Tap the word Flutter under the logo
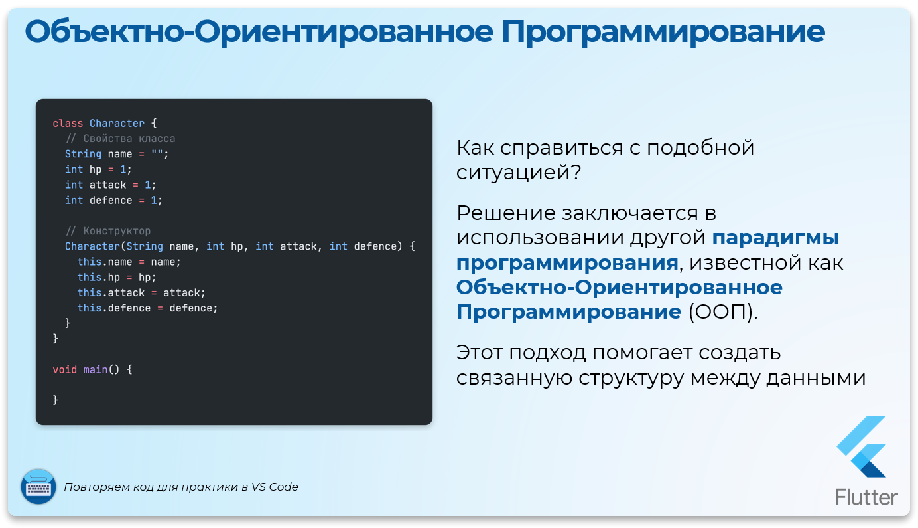(x=866, y=497)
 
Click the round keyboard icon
(x=38, y=486)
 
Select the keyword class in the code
(x=68, y=124)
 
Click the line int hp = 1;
(x=98, y=169)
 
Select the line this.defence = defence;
(x=147, y=308)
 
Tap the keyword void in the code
(x=65, y=369)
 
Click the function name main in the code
(x=95, y=369)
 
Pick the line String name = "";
(x=117, y=154)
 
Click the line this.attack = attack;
(x=141, y=293)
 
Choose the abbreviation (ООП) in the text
(x=722, y=312)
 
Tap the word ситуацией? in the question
(x=519, y=173)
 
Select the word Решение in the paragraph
(x=506, y=213)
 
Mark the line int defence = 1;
(x=113, y=200)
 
